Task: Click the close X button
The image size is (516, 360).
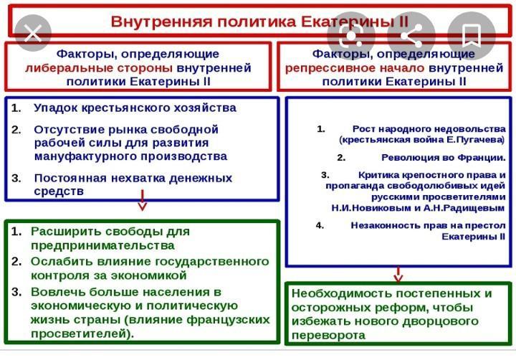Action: coord(32,32)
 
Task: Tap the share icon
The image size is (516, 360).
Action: coord(411,36)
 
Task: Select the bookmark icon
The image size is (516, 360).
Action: coord(471,35)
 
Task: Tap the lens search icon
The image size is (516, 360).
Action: coord(350,36)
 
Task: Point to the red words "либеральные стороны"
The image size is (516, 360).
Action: coord(99,68)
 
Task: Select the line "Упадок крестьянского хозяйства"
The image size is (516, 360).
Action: coord(134,108)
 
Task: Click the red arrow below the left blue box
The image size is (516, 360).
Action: coord(142,200)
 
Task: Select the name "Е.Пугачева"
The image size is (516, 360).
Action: coord(473,140)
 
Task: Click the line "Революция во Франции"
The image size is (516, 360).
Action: coord(443,157)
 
